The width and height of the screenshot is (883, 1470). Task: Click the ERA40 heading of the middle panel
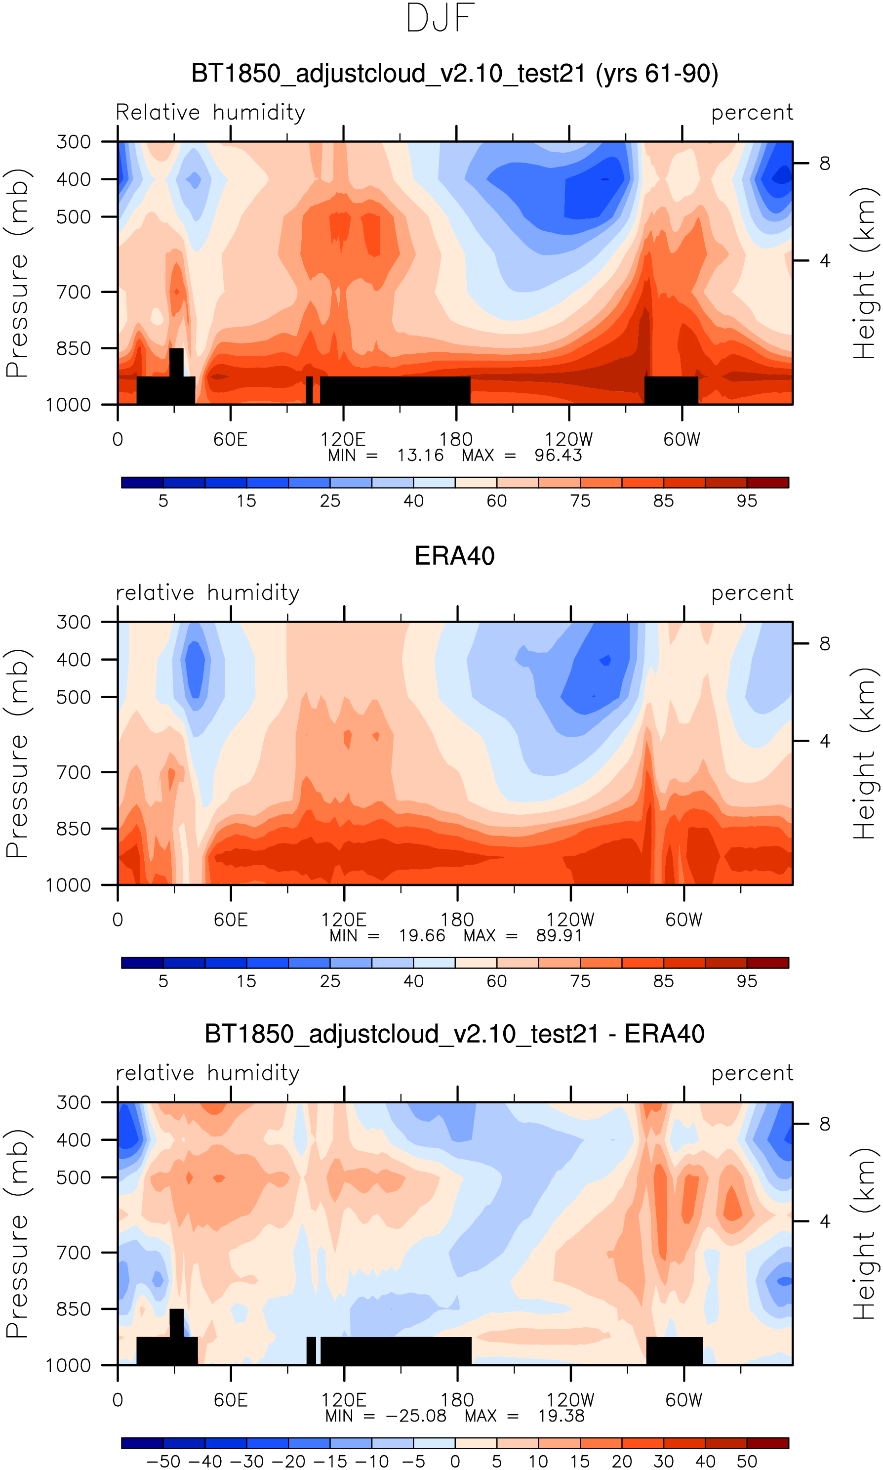click(455, 556)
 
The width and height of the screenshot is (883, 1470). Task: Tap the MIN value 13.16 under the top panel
click(420, 456)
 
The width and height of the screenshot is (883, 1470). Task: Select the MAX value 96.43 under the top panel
click(558, 456)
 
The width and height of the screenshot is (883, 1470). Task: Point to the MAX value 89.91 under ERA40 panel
click(559, 936)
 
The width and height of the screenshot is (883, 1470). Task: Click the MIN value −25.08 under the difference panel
click(416, 1417)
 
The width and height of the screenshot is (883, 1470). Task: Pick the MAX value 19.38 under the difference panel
click(561, 1417)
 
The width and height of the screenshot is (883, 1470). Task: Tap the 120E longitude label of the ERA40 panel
click(344, 920)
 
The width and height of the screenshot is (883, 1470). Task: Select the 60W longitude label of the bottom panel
click(683, 1400)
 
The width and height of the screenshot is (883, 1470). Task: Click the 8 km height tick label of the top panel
click(825, 163)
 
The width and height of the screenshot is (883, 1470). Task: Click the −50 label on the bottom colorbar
click(163, 1462)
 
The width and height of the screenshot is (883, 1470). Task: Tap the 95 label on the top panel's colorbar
click(747, 501)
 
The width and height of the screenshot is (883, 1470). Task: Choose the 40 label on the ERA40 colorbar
click(413, 981)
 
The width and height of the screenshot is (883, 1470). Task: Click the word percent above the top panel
click(752, 113)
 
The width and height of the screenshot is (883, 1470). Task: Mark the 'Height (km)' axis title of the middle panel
click(865, 754)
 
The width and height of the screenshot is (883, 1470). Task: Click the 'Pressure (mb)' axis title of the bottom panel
click(18, 1234)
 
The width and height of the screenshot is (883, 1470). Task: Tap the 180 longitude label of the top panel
click(456, 440)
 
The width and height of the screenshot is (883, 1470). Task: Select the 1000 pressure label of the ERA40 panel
click(69, 885)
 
